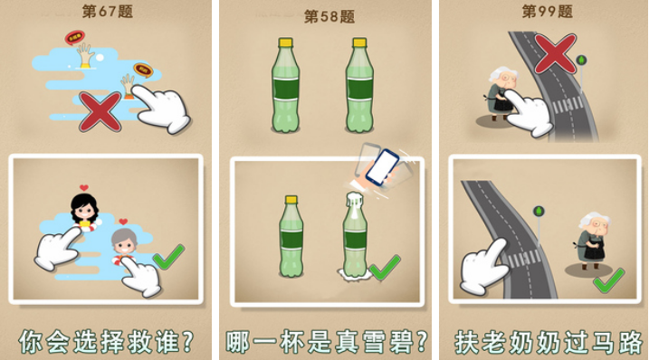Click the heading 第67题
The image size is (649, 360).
tap(108, 11)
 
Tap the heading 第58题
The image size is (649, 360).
tap(329, 16)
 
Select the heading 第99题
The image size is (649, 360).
tap(548, 11)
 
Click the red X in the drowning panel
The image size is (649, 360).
tap(100, 112)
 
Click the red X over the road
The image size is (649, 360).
tap(555, 53)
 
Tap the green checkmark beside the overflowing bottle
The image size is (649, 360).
tap(385, 268)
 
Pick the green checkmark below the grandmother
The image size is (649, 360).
tap(609, 280)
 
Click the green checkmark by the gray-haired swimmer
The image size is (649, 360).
tap(168, 257)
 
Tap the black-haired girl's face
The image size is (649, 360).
tap(84, 211)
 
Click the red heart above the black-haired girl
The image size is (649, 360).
tap(84, 187)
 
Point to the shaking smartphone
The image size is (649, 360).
tap(382, 167)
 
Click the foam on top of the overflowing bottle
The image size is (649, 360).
tap(355, 200)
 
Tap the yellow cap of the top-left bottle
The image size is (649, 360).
tap(286, 43)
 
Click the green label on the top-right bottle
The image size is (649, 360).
tap(359, 89)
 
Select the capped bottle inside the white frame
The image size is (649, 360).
tap(291, 235)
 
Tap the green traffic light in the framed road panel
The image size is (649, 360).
tap(538, 212)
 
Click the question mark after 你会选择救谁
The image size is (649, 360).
tap(187, 341)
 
